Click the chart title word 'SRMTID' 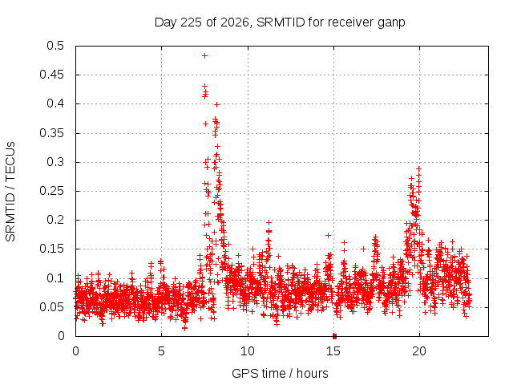[281, 22]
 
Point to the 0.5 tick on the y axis [55, 46]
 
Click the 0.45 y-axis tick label [51, 75]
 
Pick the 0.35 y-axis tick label [51, 133]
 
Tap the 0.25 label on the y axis [51, 191]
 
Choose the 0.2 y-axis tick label [55, 220]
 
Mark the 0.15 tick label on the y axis [51, 249]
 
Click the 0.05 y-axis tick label [51, 307]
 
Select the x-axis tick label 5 [161, 351]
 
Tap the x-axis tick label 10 [248, 351]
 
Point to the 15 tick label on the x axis [333, 351]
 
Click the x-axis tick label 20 [419, 351]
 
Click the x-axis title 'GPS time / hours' [280, 373]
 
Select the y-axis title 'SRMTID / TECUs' [10, 192]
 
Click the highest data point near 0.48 [205, 55]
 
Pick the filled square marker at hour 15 [334, 336]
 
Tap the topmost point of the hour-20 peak [418, 169]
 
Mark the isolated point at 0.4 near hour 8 [216, 105]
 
